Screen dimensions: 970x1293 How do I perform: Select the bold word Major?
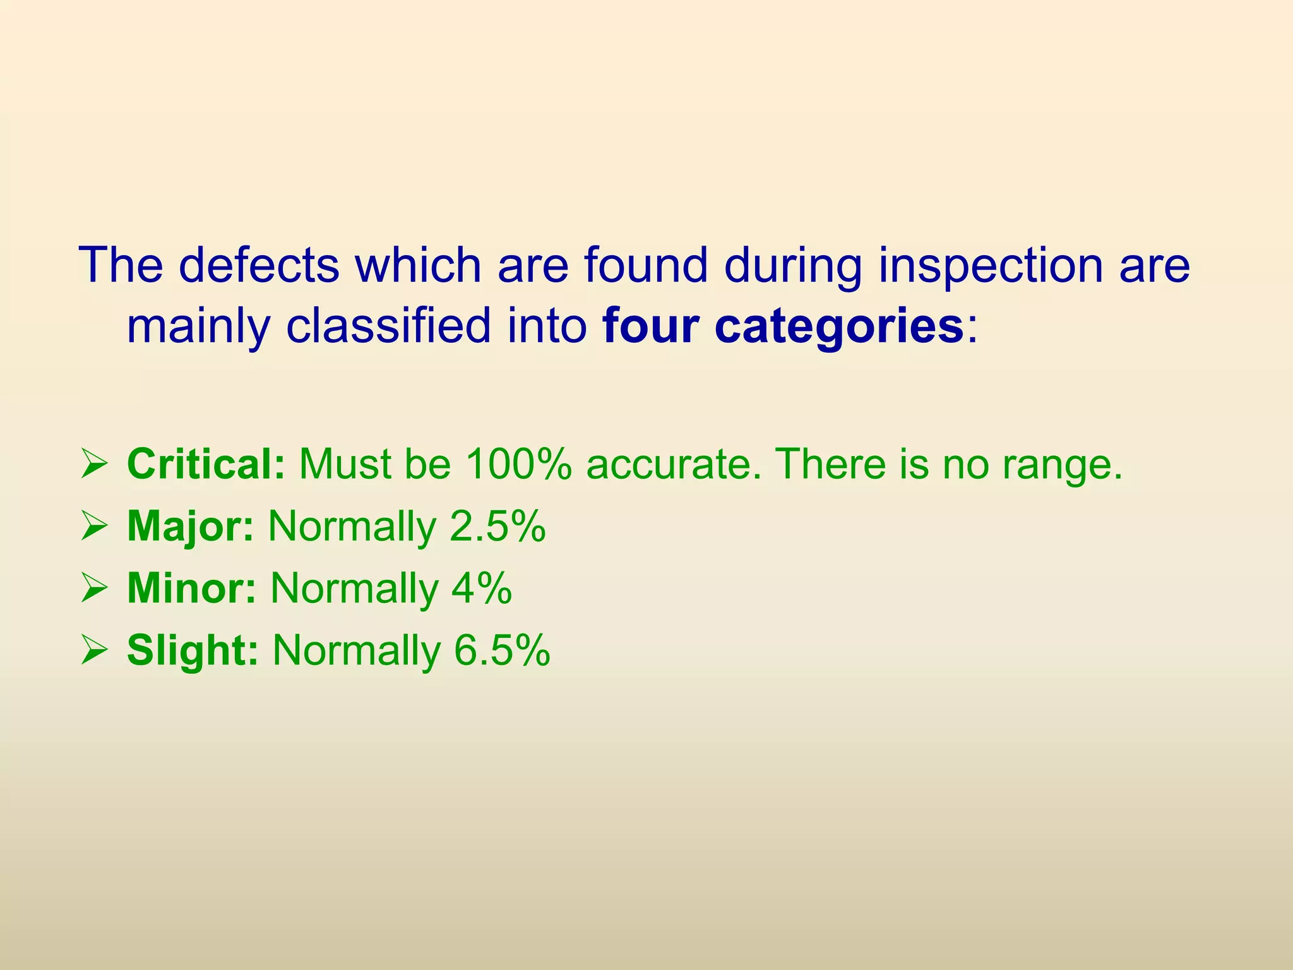click(x=190, y=526)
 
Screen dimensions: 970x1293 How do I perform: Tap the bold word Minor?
click(x=191, y=588)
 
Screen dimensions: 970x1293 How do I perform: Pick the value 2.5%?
click(x=498, y=526)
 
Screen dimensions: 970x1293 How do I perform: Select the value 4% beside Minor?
click(x=481, y=588)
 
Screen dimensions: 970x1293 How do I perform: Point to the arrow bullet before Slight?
click(x=93, y=652)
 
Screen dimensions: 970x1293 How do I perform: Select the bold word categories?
click(x=839, y=327)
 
